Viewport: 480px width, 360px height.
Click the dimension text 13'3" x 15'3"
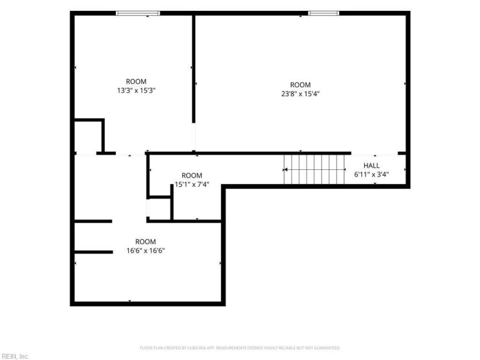click(x=136, y=91)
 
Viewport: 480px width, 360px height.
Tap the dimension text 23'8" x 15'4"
click(x=301, y=94)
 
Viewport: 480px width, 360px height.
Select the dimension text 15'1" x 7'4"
click(x=192, y=184)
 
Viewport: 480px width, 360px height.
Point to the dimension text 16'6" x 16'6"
click(x=146, y=251)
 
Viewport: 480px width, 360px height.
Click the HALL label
click(x=371, y=166)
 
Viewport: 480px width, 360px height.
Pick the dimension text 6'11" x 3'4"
click(x=371, y=175)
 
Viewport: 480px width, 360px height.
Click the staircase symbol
click(x=314, y=169)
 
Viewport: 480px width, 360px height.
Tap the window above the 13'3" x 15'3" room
click(x=138, y=13)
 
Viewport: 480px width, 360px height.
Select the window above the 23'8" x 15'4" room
click(x=323, y=13)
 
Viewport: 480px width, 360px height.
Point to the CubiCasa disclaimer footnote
click(x=240, y=348)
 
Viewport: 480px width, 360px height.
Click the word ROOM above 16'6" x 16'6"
click(x=146, y=242)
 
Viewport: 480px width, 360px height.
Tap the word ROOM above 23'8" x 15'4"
click(x=301, y=85)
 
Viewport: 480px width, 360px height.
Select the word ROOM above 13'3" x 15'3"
click(x=136, y=82)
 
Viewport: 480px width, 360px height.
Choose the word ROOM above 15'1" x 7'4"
click(x=192, y=175)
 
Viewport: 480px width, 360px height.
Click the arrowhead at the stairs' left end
click(x=285, y=169)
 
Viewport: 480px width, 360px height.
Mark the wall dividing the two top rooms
click(x=193, y=69)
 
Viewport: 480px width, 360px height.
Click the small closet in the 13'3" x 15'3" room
click(x=88, y=137)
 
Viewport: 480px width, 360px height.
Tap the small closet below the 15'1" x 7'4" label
click(x=160, y=208)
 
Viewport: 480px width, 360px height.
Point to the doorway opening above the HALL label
click(x=374, y=154)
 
